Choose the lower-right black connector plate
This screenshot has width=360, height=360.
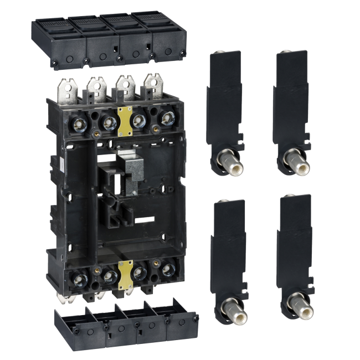tap(294, 246)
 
